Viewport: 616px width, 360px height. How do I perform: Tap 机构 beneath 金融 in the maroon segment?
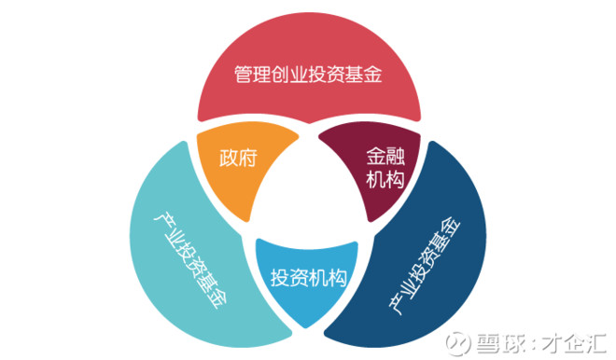pos(384,179)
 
